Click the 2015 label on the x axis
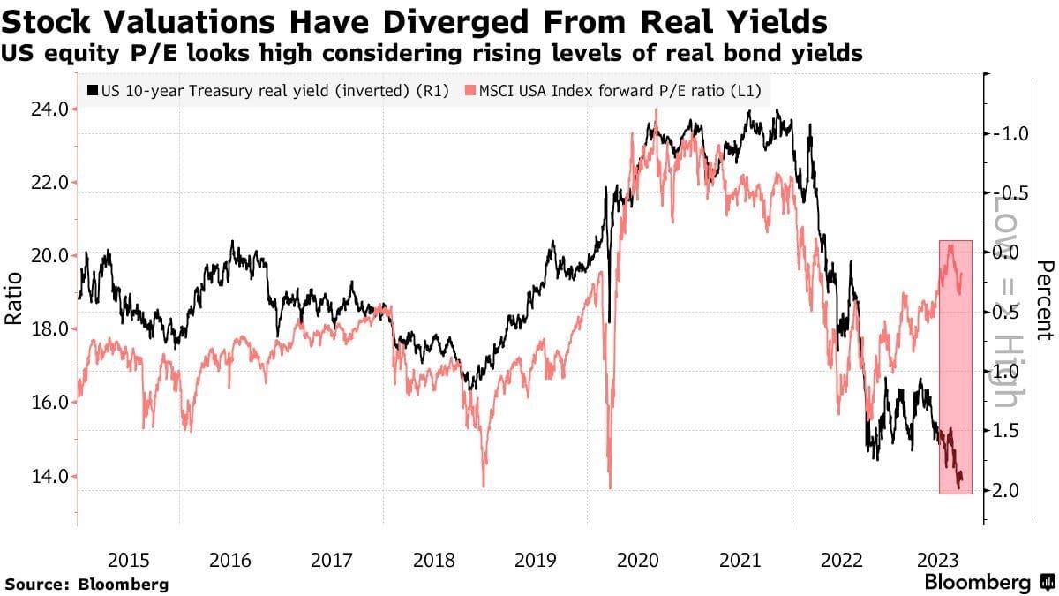[128, 560]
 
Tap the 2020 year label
[638, 560]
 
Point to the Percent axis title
[1046, 300]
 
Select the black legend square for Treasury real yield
[92, 90]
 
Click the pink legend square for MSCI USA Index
[469, 90]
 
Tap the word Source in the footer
[34, 584]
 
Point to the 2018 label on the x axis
[434, 560]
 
